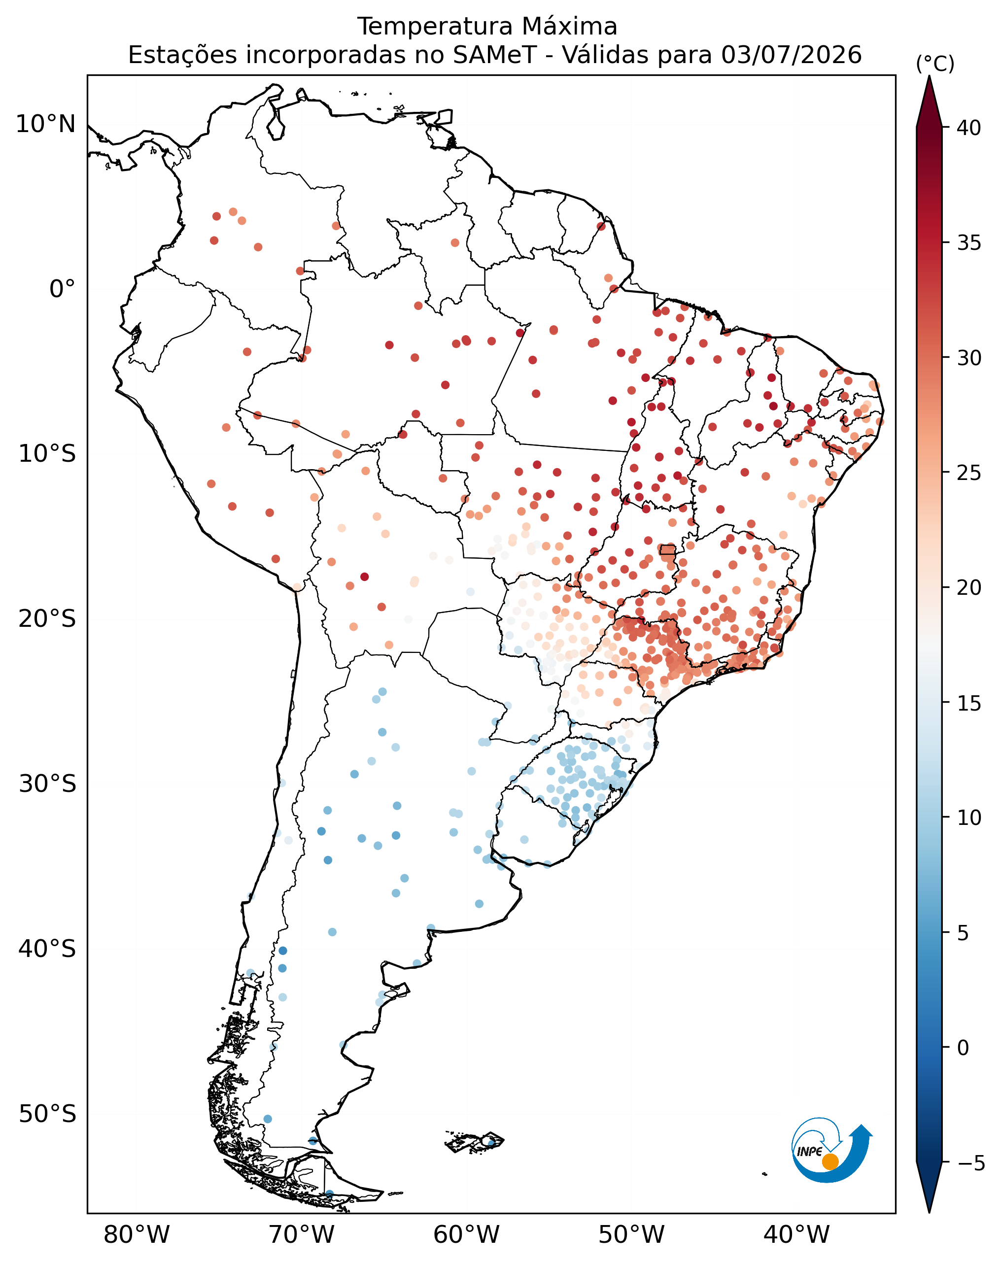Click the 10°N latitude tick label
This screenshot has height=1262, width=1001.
(x=46, y=124)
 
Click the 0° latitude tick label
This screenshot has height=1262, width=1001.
(x=63, y=289)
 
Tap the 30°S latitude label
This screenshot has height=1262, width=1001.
(x=47, y=784)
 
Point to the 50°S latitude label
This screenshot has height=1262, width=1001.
(x=47, y=1114)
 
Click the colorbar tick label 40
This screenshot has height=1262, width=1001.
(x=969, y=128)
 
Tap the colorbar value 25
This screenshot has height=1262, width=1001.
(x=969, y=473)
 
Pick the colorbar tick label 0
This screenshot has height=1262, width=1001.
(x=963, y=1047)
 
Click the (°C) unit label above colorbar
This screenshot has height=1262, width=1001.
(x=935, y=64)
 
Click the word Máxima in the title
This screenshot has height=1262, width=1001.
(x=569, y=26)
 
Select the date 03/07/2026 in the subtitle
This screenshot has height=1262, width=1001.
(x=792, y=55)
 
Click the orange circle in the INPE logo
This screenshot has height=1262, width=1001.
(x=830, y=1161)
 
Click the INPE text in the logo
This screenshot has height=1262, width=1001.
(x=810, y=1151)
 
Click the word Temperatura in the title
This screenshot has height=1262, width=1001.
(x=434, y=26)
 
